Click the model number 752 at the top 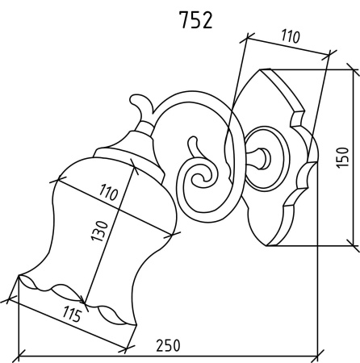[196, 20]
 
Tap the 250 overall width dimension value [168, 345]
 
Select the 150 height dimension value [342, 157]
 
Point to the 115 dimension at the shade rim [72, 315]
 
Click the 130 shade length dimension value [99, 231]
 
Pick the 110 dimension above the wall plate [291, 36]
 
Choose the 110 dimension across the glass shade [108, 192]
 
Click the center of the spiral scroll [199, 178]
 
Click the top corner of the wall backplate [260, 70]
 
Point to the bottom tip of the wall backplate [266, 246]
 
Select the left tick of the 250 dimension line [19, 357]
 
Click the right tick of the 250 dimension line [318, 357]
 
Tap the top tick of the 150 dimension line [353, 69]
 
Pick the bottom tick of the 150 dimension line [353, 245]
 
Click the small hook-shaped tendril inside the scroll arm [195, 147]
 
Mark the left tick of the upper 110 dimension [247, 39]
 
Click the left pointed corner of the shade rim [19, 275]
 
